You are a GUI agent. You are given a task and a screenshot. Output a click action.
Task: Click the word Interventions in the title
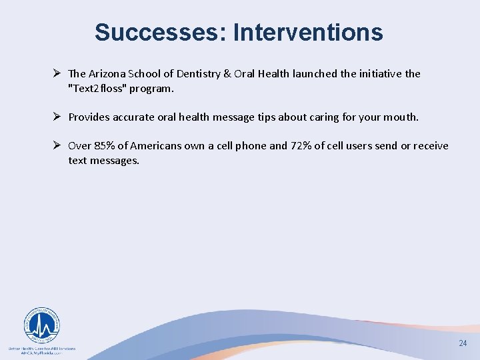pyautogui.click(x=308, y=32)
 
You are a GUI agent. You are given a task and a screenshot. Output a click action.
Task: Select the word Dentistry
pyautogui.click(x=209, y=74)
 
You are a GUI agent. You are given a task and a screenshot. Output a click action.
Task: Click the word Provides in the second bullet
pyautogui.click(x=89, y=117)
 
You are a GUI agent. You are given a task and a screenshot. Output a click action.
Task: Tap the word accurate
pyautogui.click(x=134, y=117)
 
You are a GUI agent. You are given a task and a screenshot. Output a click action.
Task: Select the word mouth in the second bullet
pyautogui.click(x=400, y=117)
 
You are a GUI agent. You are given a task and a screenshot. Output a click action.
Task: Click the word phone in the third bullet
pyautogui.click(x=251, y=146)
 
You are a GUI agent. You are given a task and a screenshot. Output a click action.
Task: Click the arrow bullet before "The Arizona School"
pyautogui.click(x=57, y=74)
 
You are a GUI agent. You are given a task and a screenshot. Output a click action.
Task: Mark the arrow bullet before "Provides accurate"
pyautogui.click(x=57, y=117)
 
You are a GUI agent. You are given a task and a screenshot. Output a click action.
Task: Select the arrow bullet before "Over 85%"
pyautogui.click(x=57, y=146)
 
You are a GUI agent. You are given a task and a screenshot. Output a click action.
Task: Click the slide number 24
pyautogui.click(x=463, y=343)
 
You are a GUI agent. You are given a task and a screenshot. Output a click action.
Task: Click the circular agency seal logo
pyautogui.click(x=41, y=325)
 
